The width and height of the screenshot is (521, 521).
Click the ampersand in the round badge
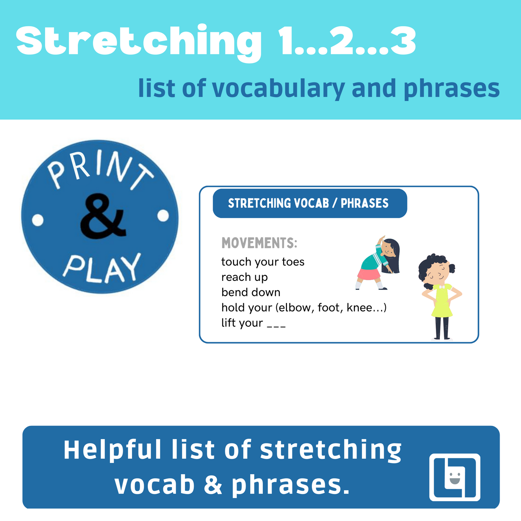coord(103,216)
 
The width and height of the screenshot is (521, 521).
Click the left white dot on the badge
coord(37,220)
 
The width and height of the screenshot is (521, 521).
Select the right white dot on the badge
coord(163,216)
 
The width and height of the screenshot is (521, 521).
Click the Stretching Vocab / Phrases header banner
coord(310,203)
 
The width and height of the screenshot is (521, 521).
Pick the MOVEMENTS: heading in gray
coord(259,243)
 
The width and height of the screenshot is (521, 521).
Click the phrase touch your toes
coord(263,262)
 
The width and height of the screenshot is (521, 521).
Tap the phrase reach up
coord(244,277)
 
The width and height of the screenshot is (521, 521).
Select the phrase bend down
coord(251,292)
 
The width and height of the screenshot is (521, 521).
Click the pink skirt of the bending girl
coord(369,274)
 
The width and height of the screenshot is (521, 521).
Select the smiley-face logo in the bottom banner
coord(455,477)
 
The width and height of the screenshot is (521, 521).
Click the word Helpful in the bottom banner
coord(112,450)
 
